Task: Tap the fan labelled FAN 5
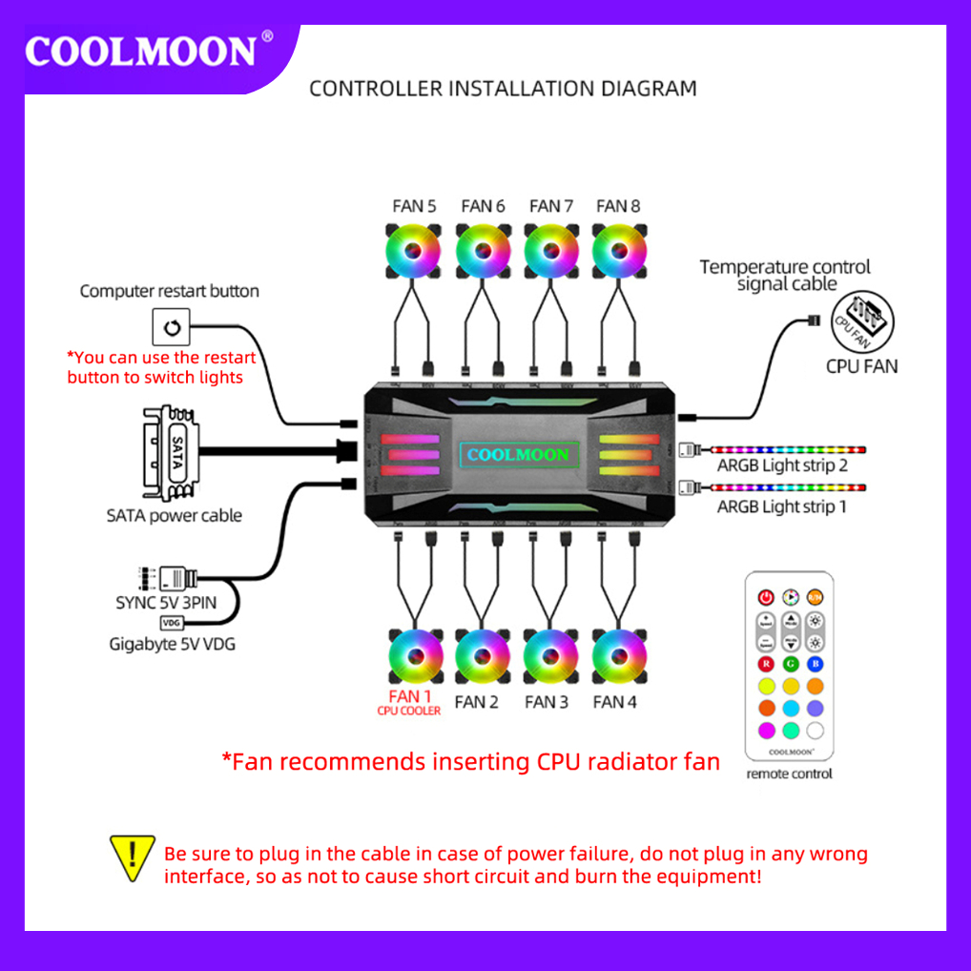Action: (413, 250)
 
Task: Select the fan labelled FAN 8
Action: (618, 250)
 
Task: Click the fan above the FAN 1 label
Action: (417, 654)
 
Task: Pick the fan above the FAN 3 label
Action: (550, 654)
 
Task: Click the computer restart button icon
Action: (172, 327)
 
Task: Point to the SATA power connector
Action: (172, 453)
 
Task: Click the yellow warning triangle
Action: (133, 856)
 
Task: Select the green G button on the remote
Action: (790, 664)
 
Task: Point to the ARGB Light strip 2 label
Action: (782, 465)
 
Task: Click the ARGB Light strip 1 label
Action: (782, 506)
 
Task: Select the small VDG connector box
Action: (172, 623)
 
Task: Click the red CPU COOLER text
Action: (409, 712)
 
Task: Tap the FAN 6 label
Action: (483, 206)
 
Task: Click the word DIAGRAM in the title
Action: (649, 89)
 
